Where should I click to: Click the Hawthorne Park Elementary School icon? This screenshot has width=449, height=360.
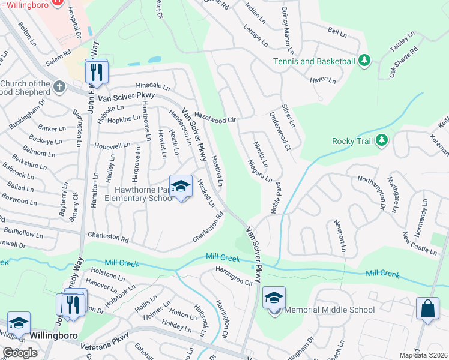[181, 186]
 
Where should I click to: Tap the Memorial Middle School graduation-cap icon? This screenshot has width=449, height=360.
[274, 298]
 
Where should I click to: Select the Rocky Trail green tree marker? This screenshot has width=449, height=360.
[381, 141]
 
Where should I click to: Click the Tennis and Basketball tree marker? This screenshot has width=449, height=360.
[364, 61]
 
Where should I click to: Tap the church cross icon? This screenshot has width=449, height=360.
[59, 87]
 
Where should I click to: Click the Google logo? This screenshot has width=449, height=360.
[20, 353]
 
